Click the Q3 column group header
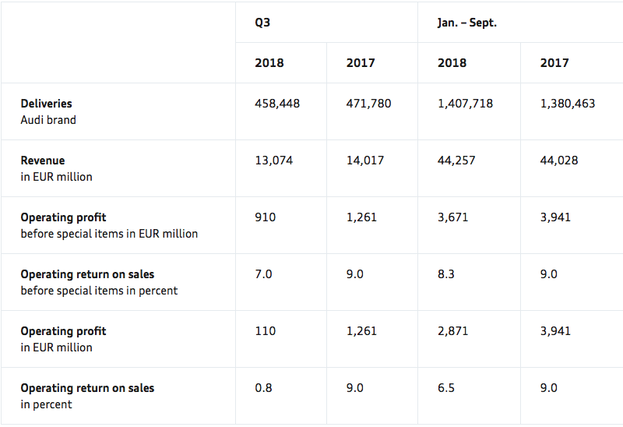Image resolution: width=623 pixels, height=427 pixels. tap(262, 23)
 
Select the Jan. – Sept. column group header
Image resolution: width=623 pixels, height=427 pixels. tap(467, 23)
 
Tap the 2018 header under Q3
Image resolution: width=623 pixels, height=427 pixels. tap(269, 63)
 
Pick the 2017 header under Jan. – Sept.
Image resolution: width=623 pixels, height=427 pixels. tap(554, 63)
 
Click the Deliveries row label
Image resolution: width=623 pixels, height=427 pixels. tap(47, 104)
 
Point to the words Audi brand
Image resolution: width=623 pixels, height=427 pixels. tap(48, 120)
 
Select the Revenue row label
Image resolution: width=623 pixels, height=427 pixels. tap(43, 161)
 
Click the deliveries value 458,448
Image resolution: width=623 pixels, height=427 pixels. tap(277, 104)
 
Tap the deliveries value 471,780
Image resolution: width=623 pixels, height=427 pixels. tap(368, 104)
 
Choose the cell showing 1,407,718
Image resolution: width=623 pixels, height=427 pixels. tap(465, 104)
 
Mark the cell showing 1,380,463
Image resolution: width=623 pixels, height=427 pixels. tap(568, 104)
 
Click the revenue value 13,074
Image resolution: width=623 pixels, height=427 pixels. tap(273, 161)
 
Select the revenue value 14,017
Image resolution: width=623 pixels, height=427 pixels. tap(364, 161)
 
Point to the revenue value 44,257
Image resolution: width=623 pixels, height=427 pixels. tap(456, 161)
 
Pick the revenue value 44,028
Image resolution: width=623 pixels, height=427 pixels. tap(559, 161)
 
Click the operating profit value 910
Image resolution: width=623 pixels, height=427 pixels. tap(265, 217)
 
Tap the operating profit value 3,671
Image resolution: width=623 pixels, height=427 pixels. tap(452, 217)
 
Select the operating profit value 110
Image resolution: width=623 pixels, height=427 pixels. tap(265, 331)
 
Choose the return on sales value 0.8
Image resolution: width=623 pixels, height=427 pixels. tap(263, 388)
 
